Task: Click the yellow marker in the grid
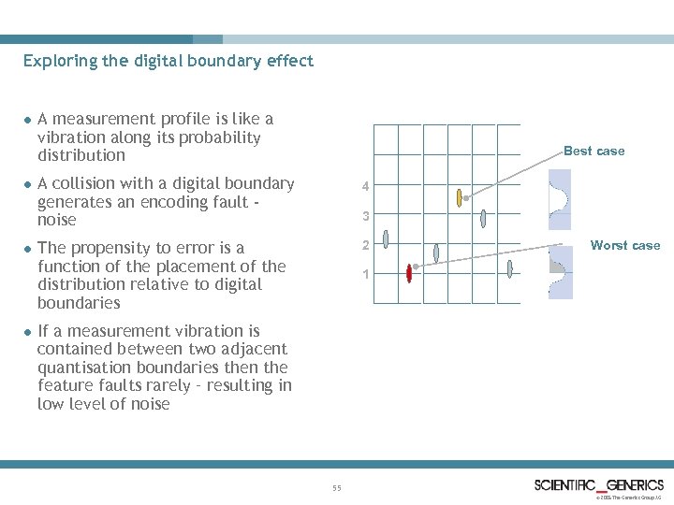pyautogui.click(x=459, y=197)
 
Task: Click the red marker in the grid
pyautogui.click(x=409, y=272)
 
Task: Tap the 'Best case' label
pyautogui.click(x=593, y=151)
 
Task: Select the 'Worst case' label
pyautogui.click(x=625, y=246)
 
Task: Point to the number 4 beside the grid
pyautogui.click(x=367, y=187)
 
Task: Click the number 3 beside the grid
pyautogui.click(x=367, y=217)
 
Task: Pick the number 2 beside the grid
pyautogui.click(x=367, y=246)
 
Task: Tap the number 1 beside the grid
pyautogui.click(x=367, y=275)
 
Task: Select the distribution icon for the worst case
pyautogui.click(x=560, y=272)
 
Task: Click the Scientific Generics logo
pyautogui.click(x=598, y=484)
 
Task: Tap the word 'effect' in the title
pyautogui.click(x=291, y=62)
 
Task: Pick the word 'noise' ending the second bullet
pyautogui.click(x=55, y=220)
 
